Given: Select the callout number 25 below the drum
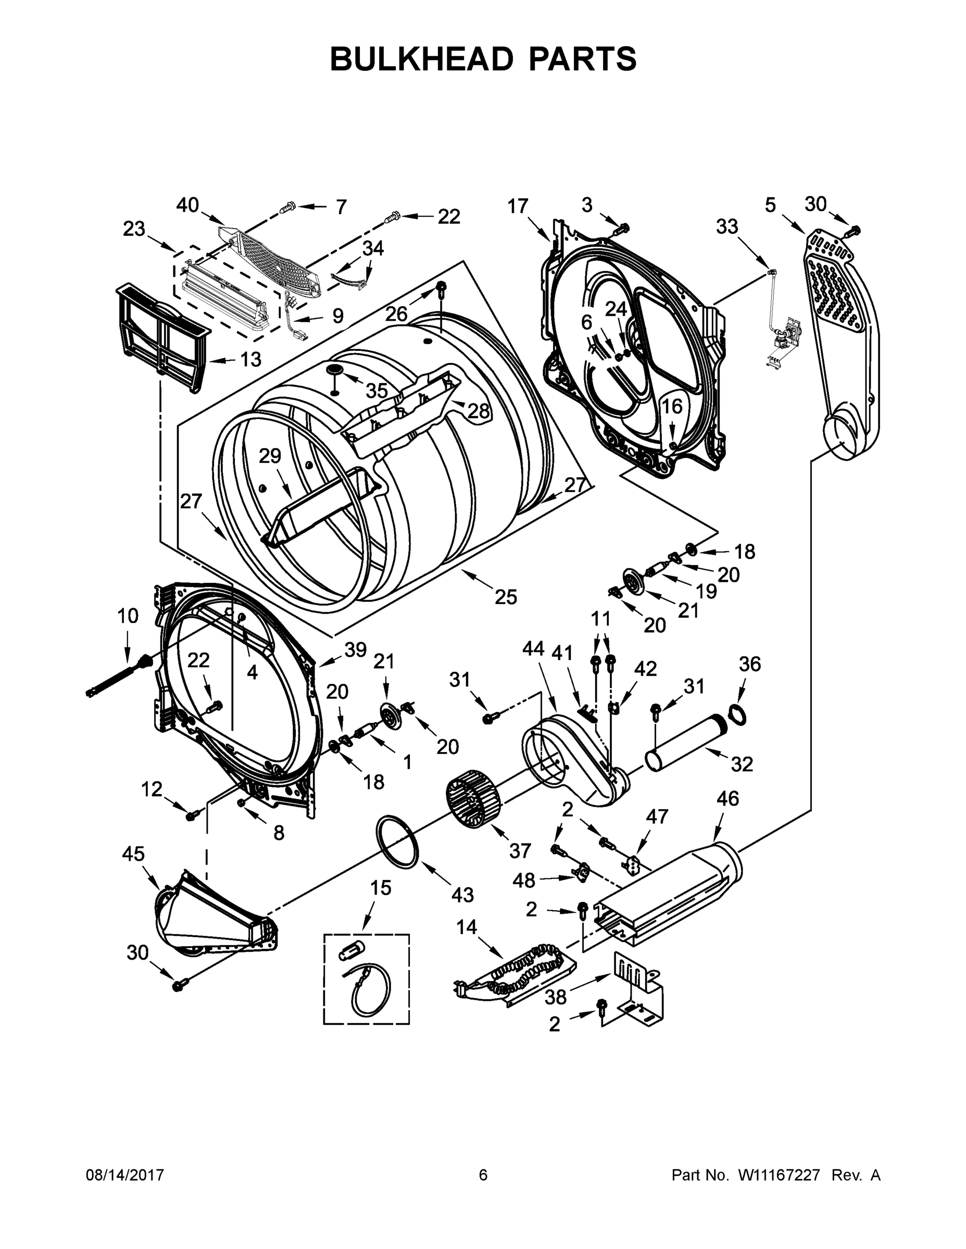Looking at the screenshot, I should (x=505, y=597).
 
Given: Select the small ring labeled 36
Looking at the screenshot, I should (x=738, y=715).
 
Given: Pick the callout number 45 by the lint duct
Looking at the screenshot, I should (x=133, y=854).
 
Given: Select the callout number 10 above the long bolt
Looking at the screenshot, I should (x=128, y=616).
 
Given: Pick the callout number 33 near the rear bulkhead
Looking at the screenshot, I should (x=727, y=226).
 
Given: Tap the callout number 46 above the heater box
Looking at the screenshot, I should (x=727, y=798).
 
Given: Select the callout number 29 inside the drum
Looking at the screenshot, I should (x=270, y=456).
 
